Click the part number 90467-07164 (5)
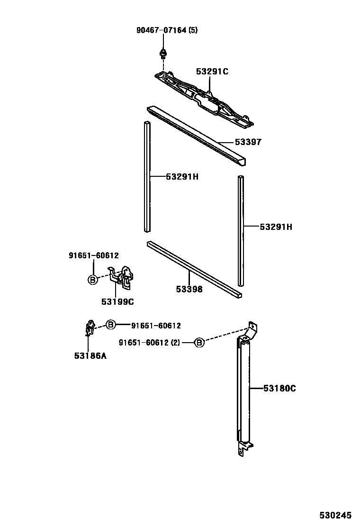click(167, 30)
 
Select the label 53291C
click(212, 72)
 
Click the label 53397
click(248, 142)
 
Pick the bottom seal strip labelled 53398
click(194, 270)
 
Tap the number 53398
click(189, 289)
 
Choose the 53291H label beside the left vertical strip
click(182, 177)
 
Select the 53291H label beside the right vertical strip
click(276, 227)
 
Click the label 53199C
click(117, 301)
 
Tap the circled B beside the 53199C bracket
click(93, 280)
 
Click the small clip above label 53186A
click(89, 328)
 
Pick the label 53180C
click(279, 389)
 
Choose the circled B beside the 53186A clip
click(110, 325)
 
